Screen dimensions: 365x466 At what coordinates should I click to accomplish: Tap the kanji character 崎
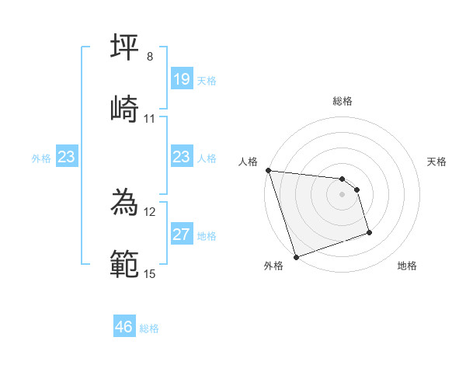pos(125,110)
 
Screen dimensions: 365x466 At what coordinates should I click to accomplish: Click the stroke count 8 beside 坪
pos(149,57)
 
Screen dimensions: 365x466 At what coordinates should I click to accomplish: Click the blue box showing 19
pos(182,79)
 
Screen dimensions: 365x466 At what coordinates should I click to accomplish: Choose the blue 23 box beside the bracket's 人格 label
pos(182,157)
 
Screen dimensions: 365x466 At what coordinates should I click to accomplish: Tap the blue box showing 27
pos(182,235)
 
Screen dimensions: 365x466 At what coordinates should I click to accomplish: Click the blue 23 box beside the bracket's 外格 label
pos(67,157)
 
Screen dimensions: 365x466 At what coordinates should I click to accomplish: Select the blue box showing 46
pos(124,327)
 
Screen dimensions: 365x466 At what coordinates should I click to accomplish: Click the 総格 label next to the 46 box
pos(149,328)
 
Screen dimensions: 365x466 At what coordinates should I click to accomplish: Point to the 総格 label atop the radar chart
pos(343,101)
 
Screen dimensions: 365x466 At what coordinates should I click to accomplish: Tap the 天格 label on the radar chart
pos(437,162)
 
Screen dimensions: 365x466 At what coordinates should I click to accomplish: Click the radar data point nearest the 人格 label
pos(268,170)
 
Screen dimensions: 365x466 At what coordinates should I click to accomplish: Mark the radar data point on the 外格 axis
pos(296,256)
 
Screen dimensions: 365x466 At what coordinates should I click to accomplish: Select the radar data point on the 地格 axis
pos(369,232)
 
